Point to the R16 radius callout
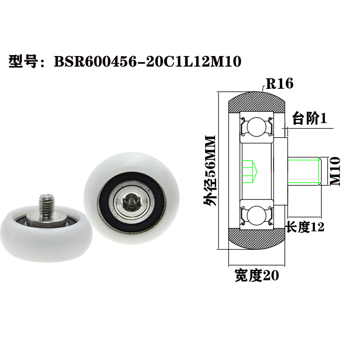point(279,84)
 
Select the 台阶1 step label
point(309,119)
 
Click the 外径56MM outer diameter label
point(209,171)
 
